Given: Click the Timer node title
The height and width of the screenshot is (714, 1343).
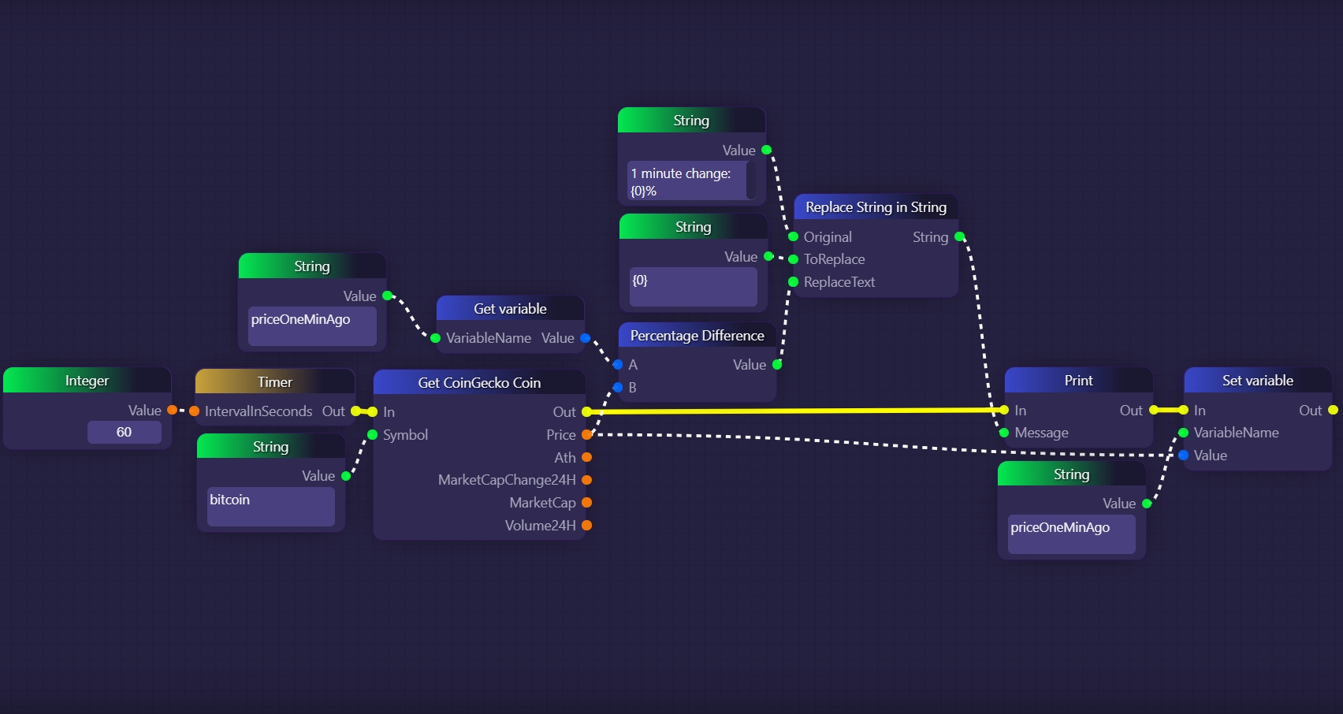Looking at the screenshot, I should [274, 382].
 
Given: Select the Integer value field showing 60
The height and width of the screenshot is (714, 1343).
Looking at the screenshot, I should [124, 432].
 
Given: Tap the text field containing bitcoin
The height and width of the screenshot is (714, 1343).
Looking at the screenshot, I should [270, 506].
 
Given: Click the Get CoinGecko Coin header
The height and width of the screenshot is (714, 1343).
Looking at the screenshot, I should [479, 383].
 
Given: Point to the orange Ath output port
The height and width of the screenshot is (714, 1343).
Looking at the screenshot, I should [586, 457].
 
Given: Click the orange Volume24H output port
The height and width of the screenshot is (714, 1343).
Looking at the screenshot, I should [586, 526].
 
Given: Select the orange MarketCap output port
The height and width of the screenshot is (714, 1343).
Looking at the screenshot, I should [586, 503].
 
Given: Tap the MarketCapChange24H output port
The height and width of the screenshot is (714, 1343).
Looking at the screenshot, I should [586, 480].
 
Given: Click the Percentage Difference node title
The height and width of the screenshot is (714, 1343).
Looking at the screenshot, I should [697, 336].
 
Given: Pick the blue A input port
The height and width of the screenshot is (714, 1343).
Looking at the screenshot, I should [618, 364].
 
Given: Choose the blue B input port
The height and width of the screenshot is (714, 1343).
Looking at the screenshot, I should [618, 387].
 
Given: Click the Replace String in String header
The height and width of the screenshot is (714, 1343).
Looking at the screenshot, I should [876, 207].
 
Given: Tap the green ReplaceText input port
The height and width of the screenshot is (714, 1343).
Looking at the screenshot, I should [793, 282].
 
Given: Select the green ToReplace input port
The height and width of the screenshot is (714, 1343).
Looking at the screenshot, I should [793, 259].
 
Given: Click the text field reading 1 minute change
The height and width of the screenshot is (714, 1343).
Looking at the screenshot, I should [686, 181].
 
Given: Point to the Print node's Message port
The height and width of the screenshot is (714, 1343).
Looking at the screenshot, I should [1003, 433].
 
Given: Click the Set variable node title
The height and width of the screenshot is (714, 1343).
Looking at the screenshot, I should [1257, 381].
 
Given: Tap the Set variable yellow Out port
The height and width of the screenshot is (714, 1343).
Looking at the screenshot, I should [1333, 410].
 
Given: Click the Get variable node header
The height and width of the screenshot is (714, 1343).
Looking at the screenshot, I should [510, 309].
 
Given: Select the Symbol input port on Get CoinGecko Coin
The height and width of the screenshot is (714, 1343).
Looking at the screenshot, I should [373, 435].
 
